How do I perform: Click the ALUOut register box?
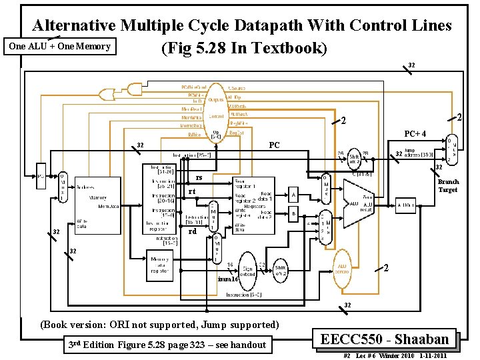click(407, 206)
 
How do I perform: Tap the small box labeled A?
click(293, 194)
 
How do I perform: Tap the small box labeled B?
click(293, 215)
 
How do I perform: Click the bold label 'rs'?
click(199, 177)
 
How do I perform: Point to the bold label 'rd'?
click(192, 232)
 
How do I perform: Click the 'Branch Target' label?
click(448, 186)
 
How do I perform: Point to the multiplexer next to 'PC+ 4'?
click(452, 151)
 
